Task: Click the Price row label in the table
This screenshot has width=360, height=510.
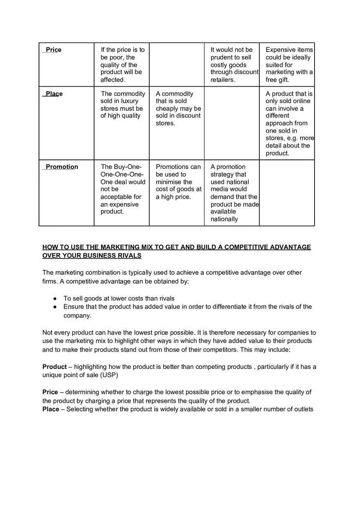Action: coord(53,50)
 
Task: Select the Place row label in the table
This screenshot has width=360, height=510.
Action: coord(54,94)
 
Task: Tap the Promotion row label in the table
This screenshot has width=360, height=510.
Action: coord(61,167)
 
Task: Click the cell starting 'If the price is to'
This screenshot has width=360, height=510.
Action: coord(122,65)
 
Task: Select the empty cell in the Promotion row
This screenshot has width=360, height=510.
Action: coord(287,193)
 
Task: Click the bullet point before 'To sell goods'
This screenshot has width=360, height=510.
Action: coord(55,299)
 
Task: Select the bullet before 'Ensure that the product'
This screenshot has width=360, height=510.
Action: coord(55,307)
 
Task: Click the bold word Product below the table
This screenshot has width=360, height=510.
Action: coord(54,367)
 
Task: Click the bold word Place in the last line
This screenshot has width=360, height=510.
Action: coord(51,409)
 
